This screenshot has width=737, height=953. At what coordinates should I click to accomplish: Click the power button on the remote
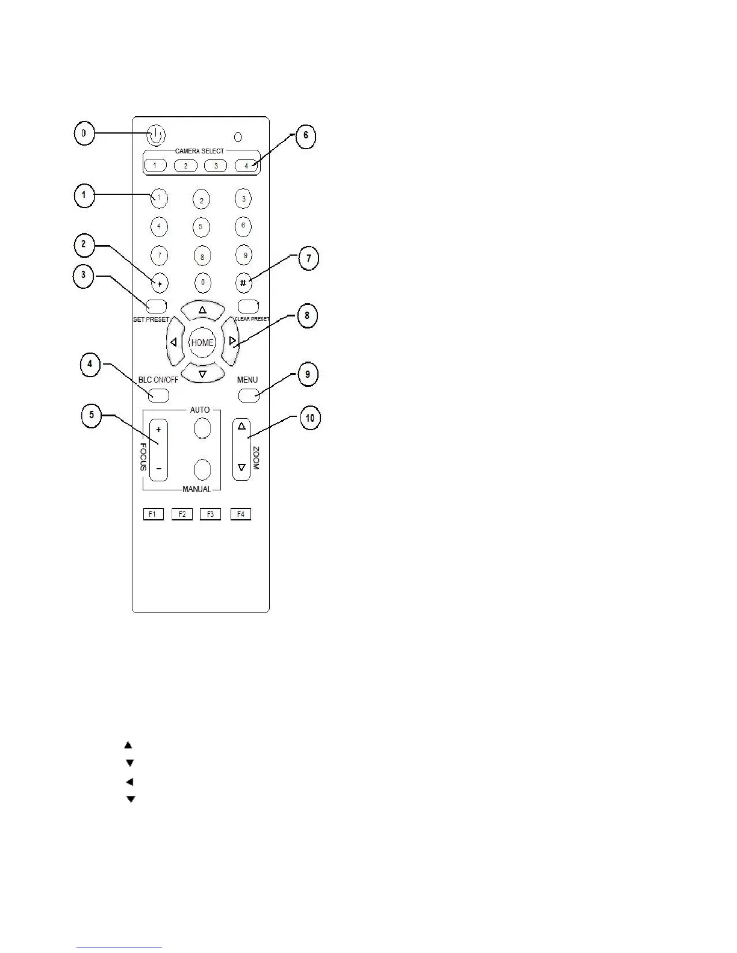[x=155, y=135]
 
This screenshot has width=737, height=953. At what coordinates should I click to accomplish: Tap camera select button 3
[x=216, y=165]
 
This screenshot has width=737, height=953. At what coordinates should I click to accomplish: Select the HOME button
[x=202, y=342]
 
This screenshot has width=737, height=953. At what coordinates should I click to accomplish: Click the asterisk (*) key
[x=159, y=282]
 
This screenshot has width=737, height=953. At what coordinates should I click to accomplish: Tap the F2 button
[x=182, y=514]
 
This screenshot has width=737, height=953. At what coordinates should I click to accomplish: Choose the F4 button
[x=240, y=514]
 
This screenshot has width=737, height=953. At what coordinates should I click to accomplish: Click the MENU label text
[x=247, y=380]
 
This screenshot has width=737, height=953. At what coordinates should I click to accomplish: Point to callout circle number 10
[x=309, y=418]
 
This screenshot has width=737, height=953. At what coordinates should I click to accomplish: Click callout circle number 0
[x=84, y=134]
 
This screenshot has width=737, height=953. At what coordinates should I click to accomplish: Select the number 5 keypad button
[x=201, y=227]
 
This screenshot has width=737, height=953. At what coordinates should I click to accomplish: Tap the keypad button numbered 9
[x=244, y=255]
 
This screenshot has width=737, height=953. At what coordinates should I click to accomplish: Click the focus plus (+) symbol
[x=158, y=430]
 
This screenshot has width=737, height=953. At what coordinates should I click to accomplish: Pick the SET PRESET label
[x=151, y=319]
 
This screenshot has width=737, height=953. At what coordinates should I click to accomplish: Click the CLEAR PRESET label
[x=252, y=319]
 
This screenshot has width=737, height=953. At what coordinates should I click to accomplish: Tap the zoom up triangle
[x=241, y=427]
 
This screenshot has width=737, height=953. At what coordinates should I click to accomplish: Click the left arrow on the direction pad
[x=174, y=342]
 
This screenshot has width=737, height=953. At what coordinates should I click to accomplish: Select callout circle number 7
[x=308, y=258]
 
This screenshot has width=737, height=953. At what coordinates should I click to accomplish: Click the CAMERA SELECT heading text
[x=199, y=151]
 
